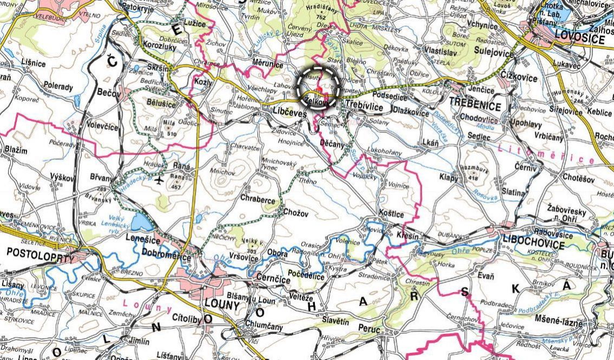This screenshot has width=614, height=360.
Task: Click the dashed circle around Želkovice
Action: click(319, 89)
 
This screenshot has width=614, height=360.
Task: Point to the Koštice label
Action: click(391, 214)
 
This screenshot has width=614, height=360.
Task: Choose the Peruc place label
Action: click(370, 328)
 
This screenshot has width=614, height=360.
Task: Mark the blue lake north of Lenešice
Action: click(142, 221)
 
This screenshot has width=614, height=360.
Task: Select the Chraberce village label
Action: click(258, 199)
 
